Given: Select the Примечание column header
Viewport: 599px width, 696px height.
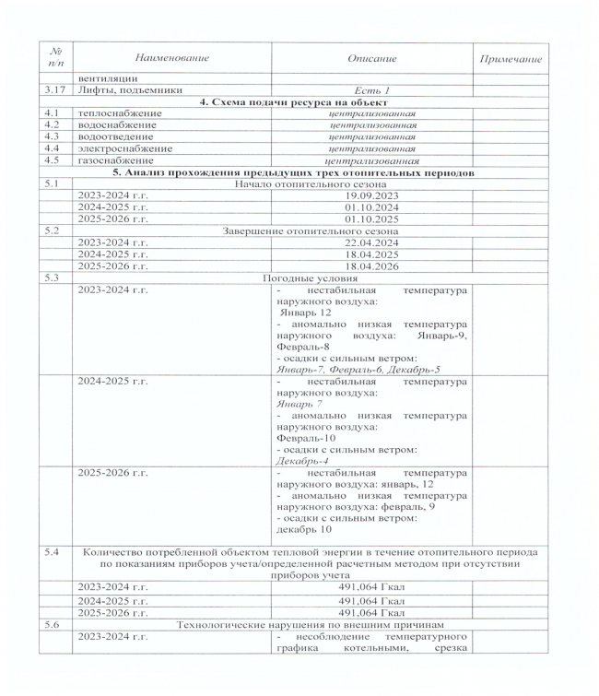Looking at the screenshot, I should point(510,59).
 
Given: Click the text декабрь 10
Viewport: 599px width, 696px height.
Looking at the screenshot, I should point(304,530).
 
